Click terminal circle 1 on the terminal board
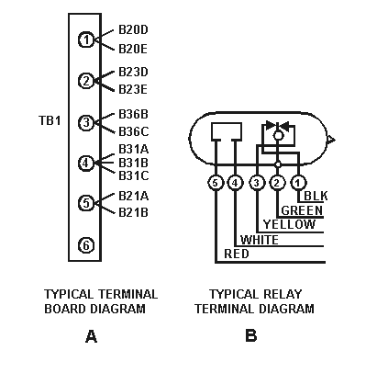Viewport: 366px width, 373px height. (85, 40)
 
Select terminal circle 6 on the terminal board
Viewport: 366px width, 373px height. (85, 244)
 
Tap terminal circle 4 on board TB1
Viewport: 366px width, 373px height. (85, 163)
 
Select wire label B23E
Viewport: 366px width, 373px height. (134, 89)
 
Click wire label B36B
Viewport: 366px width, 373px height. (134, 115)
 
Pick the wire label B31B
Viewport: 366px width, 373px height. (134, 163)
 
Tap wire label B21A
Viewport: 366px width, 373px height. (134, 196)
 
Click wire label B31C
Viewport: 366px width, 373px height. (134, 175)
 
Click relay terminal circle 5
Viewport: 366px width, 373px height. (216, 182)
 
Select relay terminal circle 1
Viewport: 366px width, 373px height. (298, 182)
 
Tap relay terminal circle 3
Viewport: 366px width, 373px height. (257, 182)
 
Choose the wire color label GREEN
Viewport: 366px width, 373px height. (302, 210)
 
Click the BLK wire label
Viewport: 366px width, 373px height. (316, 196)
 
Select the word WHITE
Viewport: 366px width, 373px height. (260, 240)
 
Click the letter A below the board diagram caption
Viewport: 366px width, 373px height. (91, 337)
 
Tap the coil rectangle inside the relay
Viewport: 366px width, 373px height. (225, 130)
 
